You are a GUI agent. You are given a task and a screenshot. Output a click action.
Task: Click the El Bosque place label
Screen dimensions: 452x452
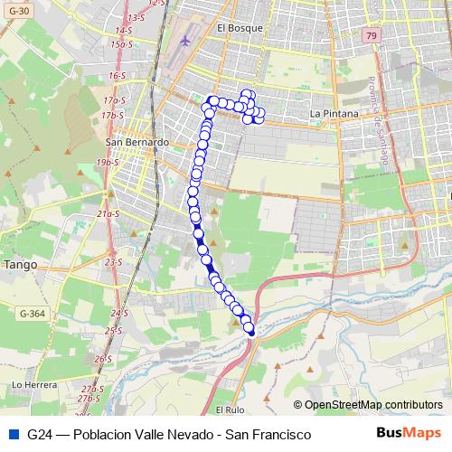[x=240, y=28]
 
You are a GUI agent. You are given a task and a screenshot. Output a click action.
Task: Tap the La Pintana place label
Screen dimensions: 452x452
[x=334, y=113]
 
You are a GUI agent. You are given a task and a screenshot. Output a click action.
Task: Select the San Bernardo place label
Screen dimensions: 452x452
[x=137, y=142]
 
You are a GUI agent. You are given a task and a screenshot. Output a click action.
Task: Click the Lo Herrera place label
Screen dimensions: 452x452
[x=29, y=384]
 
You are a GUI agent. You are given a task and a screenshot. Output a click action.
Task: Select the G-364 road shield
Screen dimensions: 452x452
[x=30, y=313]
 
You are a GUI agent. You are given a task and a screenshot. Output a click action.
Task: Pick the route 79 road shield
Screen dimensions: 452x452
[x=372, y=35]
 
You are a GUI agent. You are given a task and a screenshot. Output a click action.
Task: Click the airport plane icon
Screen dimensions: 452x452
[x=186, y=40]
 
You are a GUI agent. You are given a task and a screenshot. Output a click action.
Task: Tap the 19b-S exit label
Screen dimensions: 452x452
[x=108, y=163]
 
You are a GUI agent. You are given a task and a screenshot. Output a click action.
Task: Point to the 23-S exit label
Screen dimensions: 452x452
[x=113, y=262]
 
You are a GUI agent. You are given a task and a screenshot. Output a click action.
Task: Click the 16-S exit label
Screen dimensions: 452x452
[x=116, y=76]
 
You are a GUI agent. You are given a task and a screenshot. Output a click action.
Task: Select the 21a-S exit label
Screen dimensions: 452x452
[x=108, y=214]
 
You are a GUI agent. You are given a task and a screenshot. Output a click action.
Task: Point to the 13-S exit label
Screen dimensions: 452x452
[x=137, y=17]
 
